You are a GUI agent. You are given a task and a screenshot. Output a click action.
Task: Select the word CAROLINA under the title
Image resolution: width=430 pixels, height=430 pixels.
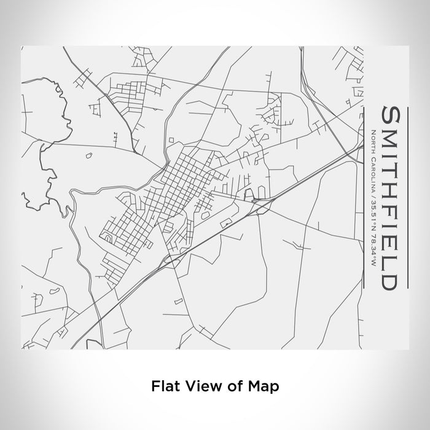tap(374, 168)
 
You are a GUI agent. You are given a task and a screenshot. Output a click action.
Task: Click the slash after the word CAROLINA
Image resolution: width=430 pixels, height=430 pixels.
tap(374, 187)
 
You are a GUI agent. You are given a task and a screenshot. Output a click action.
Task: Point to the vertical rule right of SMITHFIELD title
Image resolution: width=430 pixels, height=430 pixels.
tap(364, 197)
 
